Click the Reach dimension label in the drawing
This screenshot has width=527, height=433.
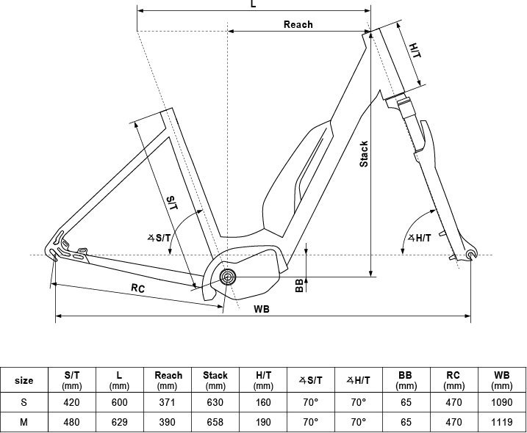click(x=298, y=24)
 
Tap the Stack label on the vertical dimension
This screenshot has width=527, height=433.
click(x=364, y=153)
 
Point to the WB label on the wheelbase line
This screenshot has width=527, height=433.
click(x=262, y=309)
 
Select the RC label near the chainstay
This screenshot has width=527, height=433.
click(x=137, y=288)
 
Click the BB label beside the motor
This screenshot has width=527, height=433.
click(x=299, y=285)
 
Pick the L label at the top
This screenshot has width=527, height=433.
click(x=254, y=4)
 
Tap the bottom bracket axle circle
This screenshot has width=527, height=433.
click(x=228, y=277)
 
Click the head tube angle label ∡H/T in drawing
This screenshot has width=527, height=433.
click(x=419, y=238)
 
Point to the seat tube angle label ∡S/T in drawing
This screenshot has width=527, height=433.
click(x=159, y=238)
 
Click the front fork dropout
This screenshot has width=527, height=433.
click(x=472, y=254)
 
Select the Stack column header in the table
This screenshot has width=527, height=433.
click(x=215, y=380)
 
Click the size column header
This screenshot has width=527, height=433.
click(x=24, y=381)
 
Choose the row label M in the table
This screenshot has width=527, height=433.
click(x=24, y=422)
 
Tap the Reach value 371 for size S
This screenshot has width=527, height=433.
click(x=167, y=402)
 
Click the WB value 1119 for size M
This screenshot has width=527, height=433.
click(x=502, y=422)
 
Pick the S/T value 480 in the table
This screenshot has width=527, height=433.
click(x=71, y=422)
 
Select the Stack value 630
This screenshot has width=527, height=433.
click(x=215, y=402)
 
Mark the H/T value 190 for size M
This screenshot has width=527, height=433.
click(x=263, y=422)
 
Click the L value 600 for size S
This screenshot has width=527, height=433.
click(x=119, y=402)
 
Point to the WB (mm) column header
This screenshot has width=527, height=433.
click(x=502, y=380)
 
